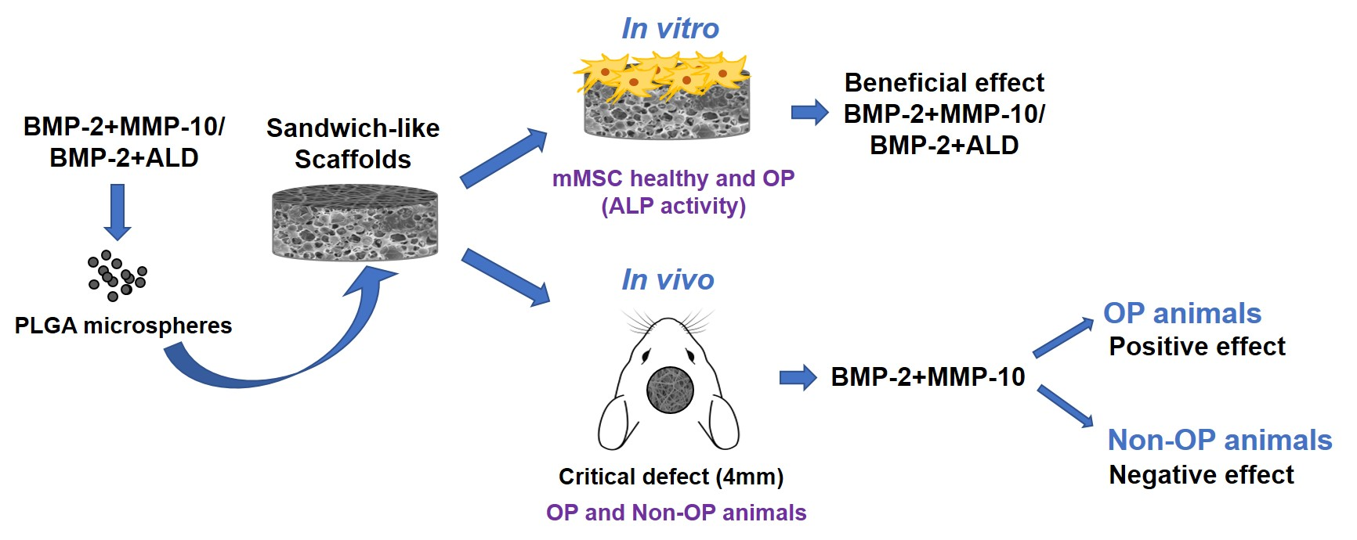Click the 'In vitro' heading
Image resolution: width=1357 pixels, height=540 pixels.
670,29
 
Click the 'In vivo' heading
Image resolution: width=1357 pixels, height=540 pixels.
668,279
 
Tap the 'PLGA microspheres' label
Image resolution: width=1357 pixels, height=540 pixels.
123,326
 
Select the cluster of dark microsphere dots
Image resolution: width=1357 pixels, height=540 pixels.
118,275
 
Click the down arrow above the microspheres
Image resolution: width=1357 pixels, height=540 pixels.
118,211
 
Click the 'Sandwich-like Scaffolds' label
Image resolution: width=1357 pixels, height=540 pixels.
353,143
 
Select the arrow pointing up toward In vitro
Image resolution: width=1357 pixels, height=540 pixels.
503,159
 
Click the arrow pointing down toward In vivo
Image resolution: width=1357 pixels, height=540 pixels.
505,276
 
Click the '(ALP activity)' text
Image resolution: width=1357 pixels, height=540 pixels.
673,206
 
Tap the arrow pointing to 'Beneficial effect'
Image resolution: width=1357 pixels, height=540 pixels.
809,113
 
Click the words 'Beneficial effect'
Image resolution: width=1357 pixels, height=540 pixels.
944,82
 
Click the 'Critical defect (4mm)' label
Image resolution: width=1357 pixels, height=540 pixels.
671,477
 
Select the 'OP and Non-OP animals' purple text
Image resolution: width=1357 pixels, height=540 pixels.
676,513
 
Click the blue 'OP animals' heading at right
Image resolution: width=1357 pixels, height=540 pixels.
1181,313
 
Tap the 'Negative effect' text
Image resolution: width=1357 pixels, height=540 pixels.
1201,474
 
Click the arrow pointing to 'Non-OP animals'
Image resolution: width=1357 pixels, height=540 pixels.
1065,406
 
